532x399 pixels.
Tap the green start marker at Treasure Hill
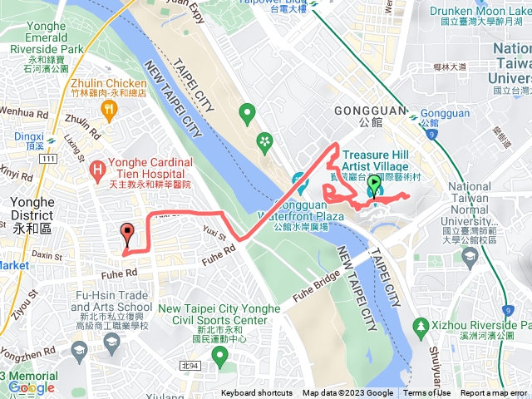tap(375, 186)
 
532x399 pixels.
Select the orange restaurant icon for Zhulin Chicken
tap(107, 109)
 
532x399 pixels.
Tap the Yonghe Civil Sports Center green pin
tap(220, 357)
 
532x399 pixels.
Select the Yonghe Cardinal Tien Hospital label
tap(150, 168)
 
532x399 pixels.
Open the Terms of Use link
tap(427, 393)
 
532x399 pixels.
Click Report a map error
tap(494, 393)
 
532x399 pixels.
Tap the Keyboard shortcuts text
tap(256, 393)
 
